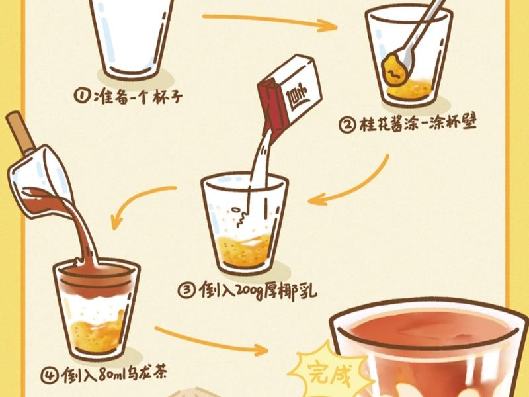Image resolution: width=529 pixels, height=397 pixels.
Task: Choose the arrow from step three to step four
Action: coord(139,205)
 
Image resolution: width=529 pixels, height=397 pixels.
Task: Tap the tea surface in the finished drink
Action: coord(423,331)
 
